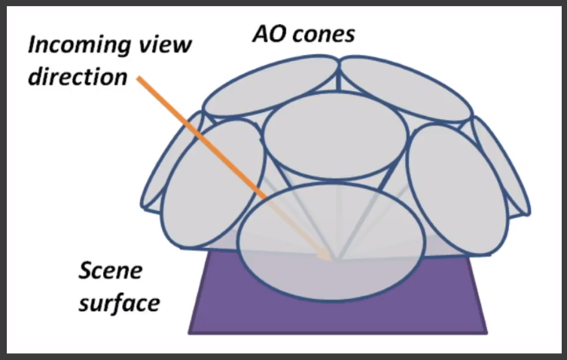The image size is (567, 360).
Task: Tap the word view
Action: pyautogui.click(x=164, y=45)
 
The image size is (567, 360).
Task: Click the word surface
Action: pyautogui.click(x=120, y=303)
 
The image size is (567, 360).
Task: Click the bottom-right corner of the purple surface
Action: pyautogui.click(x=488, y=331)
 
